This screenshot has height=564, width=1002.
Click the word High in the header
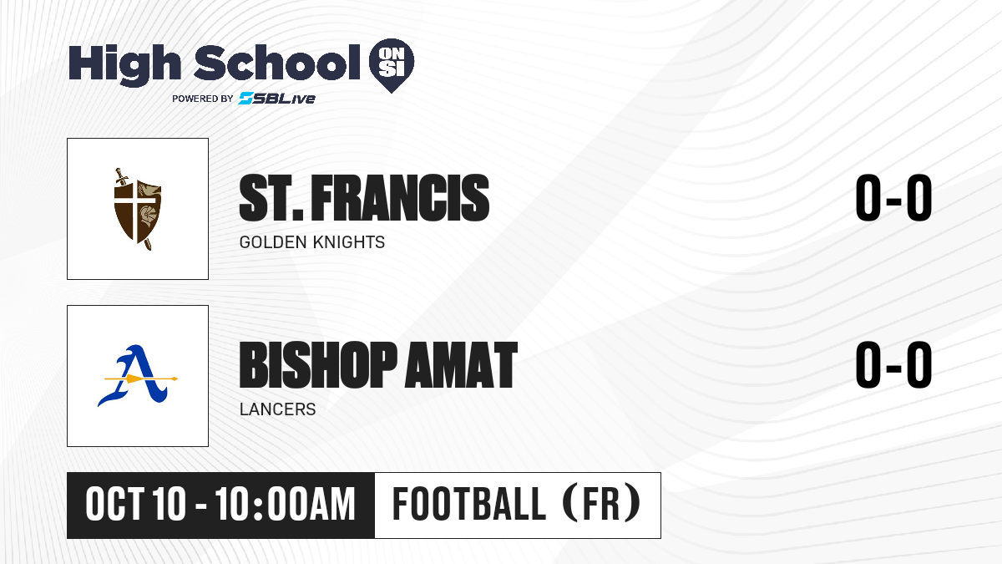pyautogui.click(x=124, y=65)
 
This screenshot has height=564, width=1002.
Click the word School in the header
pyautogui.click(x=277, y=62)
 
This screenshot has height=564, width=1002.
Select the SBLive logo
pyautogui.click(x=277, y=99)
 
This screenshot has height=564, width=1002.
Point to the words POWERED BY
pyautogui.click(x=203, y=99)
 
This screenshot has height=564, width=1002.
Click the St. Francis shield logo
pyautogui.click(x=138, y=209)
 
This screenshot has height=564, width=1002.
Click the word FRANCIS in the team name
pyautogui.click(x=400, y=198)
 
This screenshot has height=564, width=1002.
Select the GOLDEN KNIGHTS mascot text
pyautogui.click(x=311, y=242)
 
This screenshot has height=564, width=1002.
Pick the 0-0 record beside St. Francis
pyautogui.click(x=893, y=198)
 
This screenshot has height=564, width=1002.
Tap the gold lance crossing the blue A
pyautogui.click(x=141, y=379)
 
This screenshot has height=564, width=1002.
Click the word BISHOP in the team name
pyautogui.click(x=318, y=365)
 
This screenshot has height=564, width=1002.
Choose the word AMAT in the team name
pyautogui.click(x=461, y=365)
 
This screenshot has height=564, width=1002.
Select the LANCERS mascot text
pyautogui.click(x=277, y=409)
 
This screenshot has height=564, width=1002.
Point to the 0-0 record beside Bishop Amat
pyautogui.click(x=893, y=365)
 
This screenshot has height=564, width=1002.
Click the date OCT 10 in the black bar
pyautogui.click(x=135, y=505)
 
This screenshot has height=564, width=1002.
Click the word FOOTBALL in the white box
pyautogui.click(x=469, y=504)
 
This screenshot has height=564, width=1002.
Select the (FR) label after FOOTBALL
pyautogui.click(x=602, y=504)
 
